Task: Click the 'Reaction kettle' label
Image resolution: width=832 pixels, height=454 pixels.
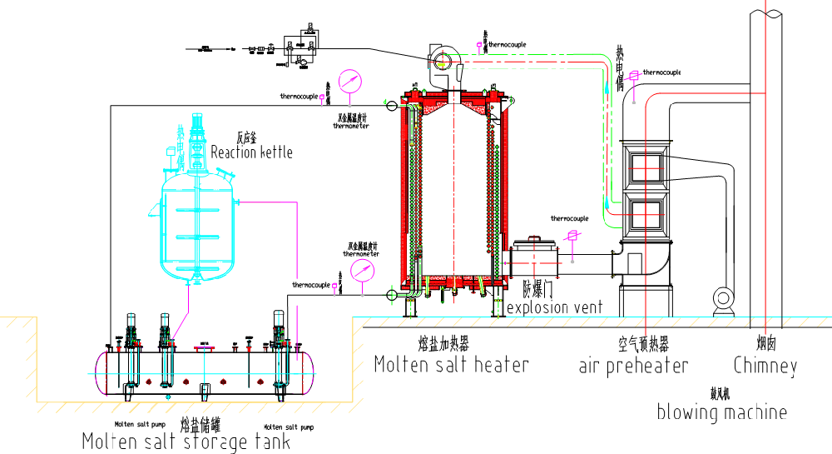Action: point(251,152)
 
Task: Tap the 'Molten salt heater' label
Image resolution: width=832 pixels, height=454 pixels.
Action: point(451,364)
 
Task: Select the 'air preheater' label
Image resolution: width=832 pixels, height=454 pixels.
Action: point(633,366)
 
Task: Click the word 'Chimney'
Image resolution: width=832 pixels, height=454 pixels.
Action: point(765,366)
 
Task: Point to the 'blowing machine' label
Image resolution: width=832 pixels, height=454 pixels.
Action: point(721,412)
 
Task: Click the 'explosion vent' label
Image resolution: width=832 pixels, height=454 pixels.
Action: point(555,307)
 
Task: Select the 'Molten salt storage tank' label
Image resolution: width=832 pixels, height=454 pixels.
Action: point(186,441)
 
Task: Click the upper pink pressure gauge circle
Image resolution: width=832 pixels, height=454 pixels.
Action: point(350,82)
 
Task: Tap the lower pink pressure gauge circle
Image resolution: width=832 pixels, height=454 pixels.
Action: point(363,271)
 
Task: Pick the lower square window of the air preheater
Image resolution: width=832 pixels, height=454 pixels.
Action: point(646,213)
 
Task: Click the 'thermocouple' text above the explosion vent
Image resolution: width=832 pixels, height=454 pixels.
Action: point(569,219)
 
